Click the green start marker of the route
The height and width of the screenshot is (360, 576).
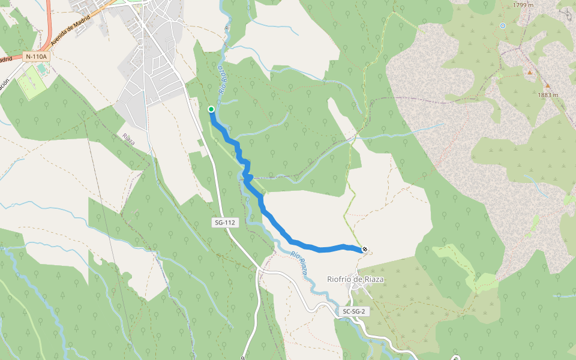(211, 109)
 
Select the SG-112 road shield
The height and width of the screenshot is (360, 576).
(226, 223)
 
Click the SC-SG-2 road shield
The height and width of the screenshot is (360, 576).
(354, 311)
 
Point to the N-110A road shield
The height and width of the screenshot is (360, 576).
(35, 57)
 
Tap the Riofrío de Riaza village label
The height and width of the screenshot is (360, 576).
(355, 279)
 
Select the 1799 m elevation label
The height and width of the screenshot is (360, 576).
(523, 5)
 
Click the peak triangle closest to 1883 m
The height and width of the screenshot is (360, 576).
(547, 86)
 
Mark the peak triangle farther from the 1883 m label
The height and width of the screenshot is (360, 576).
(530, 73)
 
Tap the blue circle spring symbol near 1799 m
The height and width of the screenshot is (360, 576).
(503, 26)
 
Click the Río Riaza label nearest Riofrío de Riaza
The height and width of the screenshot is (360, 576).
(299, 262)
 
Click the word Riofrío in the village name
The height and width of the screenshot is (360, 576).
(339, 279)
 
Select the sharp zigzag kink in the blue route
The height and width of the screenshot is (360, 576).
(247, 176)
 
